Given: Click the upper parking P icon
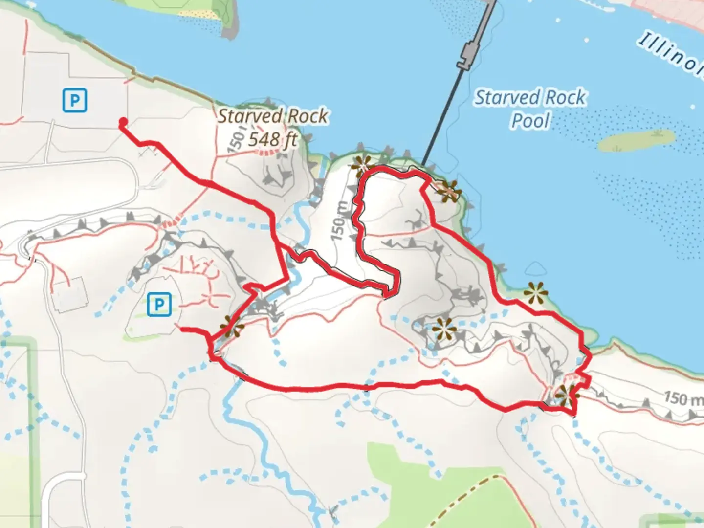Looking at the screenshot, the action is coord(75,100).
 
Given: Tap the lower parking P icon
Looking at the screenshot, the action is coord(158,305).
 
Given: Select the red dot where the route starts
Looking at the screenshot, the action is coord(123,122).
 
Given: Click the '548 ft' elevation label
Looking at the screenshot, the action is coord(273,140).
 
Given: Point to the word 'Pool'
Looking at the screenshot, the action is coord(531,120).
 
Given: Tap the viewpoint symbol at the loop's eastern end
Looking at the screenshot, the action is coord(566,395).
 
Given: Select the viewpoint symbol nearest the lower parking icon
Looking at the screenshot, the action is coord(231,327).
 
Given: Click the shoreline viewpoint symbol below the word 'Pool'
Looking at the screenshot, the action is coord(535,293).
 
